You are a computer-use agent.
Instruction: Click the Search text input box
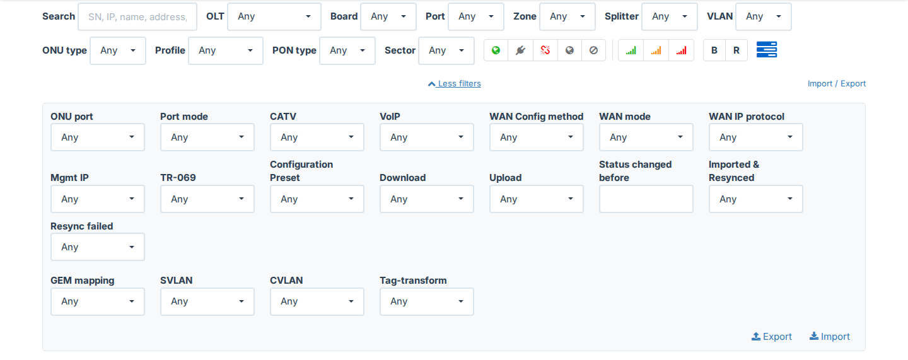[137, 16]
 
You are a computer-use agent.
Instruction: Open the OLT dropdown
[274, 16]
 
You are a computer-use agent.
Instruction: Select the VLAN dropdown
[763, 16]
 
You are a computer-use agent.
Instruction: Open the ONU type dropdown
[117, 50]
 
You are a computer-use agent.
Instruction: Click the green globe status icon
[496, 50]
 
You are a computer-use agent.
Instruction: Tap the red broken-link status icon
[545, 50]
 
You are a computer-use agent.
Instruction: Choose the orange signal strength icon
[656, 50]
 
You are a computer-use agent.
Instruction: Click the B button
[714, 50]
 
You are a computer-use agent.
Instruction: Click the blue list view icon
[767, 50]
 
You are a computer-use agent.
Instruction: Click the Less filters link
[455, 83]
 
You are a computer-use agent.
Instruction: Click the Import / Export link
[836, 83]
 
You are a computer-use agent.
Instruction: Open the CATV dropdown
[317, 137]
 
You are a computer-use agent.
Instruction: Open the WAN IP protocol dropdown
[755, 137]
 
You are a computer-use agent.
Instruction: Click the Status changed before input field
[646, 199]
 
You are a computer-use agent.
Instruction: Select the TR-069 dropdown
[207, 199]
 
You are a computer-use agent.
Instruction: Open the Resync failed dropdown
[97, 247]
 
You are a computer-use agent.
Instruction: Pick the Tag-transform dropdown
[426, 301]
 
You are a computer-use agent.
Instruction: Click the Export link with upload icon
[771, 337]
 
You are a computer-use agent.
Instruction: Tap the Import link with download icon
[829, 337]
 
